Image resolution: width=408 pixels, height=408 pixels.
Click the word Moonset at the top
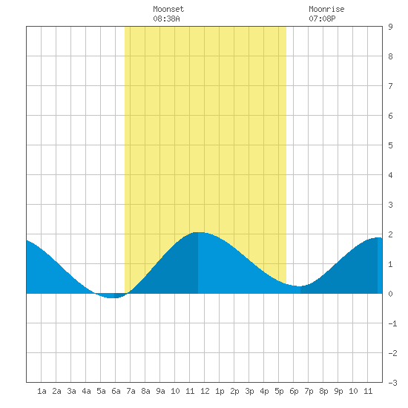coord(168,9)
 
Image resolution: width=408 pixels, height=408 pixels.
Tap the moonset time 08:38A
coord(166,19)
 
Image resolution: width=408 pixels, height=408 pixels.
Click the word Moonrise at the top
coord(326,9)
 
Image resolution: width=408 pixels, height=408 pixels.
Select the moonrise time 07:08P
coord(322,19)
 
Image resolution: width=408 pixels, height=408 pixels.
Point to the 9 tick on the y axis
coord(390,27)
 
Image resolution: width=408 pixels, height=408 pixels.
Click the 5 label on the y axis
coord(390,145)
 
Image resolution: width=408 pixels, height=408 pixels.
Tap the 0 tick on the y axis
coord(390,294)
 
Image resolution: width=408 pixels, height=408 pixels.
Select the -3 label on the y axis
coord(392,383)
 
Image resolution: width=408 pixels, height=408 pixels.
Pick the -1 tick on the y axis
coord(392,323)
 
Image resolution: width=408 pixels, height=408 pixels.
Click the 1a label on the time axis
coord(42,391)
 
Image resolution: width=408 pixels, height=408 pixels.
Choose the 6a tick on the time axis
coord(116,391)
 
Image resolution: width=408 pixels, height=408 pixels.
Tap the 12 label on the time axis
coord(205,391)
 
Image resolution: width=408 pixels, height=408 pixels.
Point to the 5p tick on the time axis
coord(279,391)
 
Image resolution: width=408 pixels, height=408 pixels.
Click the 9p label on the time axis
coord(338,391)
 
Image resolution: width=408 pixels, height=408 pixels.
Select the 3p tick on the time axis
coord(249,391)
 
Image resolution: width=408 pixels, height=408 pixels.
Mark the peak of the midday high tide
coord(198,232)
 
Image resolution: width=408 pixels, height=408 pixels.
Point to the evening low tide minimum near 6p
coord(300,286)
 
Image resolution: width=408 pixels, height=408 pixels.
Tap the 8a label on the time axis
coord(145,391)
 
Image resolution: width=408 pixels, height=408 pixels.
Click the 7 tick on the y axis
coord(390,86)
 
